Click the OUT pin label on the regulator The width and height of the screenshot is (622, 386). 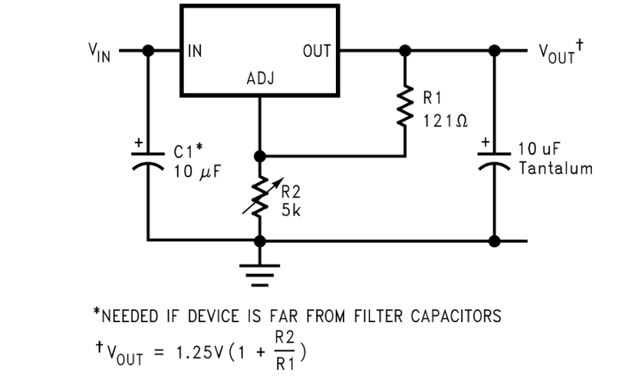[x=316, y=52]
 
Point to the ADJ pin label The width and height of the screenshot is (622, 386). [x=260, y=79]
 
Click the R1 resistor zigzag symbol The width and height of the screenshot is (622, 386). [x=405, y=105]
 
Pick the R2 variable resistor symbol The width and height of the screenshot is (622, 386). [x=260, y=197]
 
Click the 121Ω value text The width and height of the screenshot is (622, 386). [x=444, y=120]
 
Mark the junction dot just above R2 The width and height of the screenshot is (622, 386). [x=260, y=156]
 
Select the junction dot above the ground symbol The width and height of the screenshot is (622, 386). [x=260, y=240]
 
